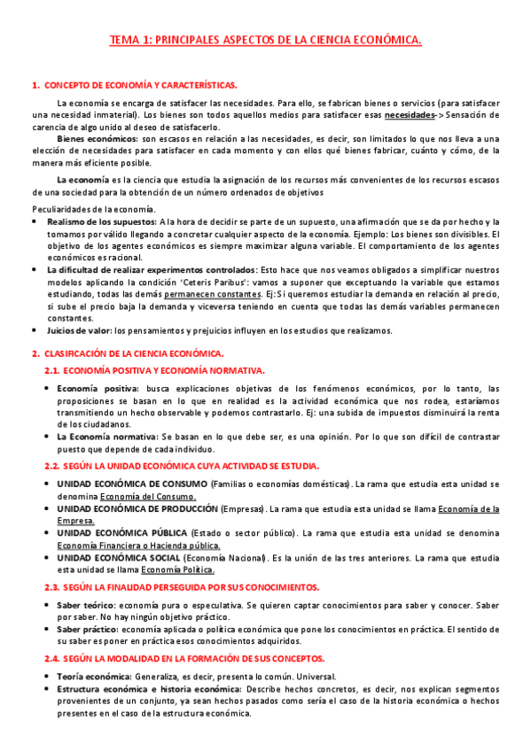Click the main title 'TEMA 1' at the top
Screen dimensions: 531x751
coord(265,41)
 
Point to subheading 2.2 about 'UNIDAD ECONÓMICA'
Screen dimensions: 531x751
coord(182,466)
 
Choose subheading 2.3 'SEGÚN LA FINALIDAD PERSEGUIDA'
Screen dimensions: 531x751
coord(182,587)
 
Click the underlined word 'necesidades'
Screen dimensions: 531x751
coord(410,115)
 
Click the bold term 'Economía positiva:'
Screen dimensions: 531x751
coord(98,388)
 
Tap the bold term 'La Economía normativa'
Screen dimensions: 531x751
coord(106,437)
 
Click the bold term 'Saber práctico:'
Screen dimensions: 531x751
coord(90,629)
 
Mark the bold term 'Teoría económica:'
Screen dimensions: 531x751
coord(93,676)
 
